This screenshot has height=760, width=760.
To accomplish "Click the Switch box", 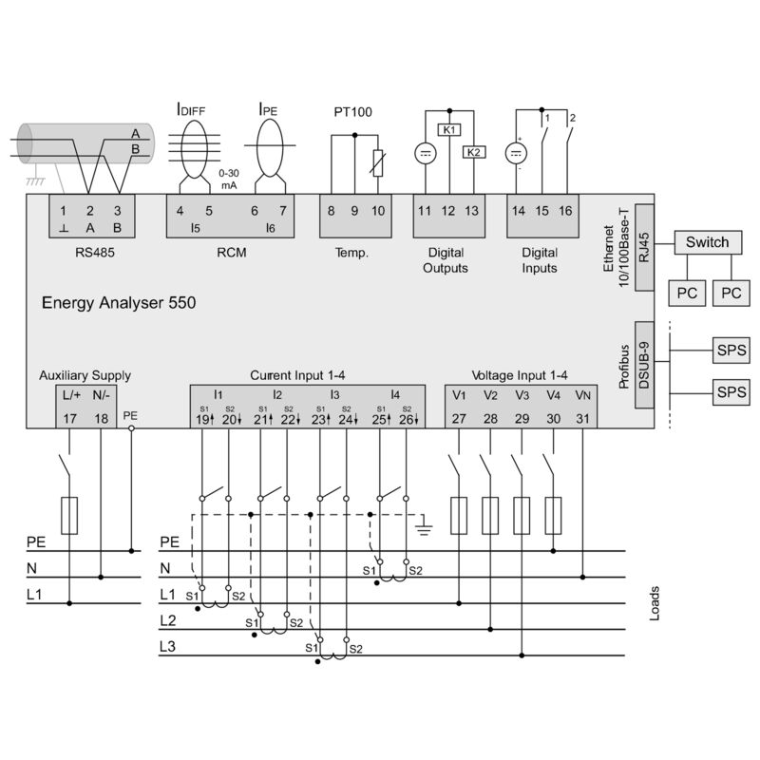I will [708, 242].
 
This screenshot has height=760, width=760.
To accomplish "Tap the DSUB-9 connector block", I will [643, 363].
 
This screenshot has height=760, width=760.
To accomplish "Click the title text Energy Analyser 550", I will [119, 304].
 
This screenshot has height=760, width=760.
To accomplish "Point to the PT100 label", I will [352, 112].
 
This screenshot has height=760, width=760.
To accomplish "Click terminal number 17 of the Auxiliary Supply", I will [69, 418].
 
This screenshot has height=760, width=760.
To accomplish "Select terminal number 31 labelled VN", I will [582, 418].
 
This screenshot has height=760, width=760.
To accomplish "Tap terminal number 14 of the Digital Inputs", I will [519, 211].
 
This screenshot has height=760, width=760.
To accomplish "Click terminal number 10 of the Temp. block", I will [378, 211].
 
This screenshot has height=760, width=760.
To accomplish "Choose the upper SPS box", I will [731, 350].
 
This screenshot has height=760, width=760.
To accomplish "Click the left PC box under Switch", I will [687, 294].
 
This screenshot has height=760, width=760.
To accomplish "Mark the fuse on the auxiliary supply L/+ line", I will [69, 514].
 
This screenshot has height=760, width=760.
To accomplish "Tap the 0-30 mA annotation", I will [228, 180].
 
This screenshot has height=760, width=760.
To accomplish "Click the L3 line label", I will [168, 646].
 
